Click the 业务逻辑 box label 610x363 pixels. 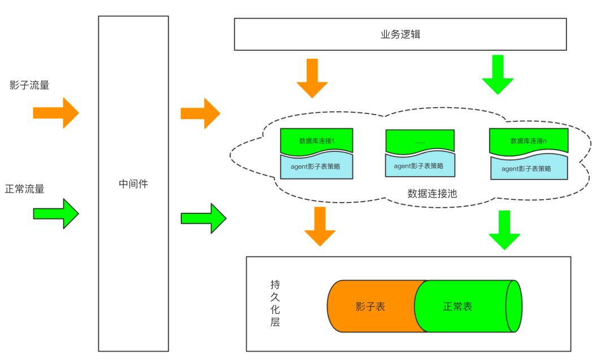[x=400, y=34]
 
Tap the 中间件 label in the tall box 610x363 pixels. [x=133, y=184]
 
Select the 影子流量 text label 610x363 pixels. [x=29, y=85]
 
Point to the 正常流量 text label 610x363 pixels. [x=24, y=189]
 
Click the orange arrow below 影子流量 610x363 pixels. [x=56, y=113]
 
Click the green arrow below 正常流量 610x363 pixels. [x=56, y=214]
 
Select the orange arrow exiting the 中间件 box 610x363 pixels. [x=201, y=113]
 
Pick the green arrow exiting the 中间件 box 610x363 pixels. [x=203, y=218]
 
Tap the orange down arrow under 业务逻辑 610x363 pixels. [x=312, y=78]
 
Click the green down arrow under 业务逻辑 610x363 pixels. [x=498, y=75]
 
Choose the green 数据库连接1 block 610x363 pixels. [x=317, y=142]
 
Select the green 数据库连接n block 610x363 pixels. [x=529, y=142]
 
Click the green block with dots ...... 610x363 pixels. [x=420, y=142]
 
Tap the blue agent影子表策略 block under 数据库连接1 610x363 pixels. [x=316, y=167]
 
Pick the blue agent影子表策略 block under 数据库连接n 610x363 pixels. [x=529, y=168]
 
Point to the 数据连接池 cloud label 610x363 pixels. [x=432, y=194]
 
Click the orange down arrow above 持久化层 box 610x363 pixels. [x=320, y=226]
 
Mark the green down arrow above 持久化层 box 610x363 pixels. [x=504, y=230]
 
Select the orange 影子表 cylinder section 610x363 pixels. [x=372, y=306]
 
